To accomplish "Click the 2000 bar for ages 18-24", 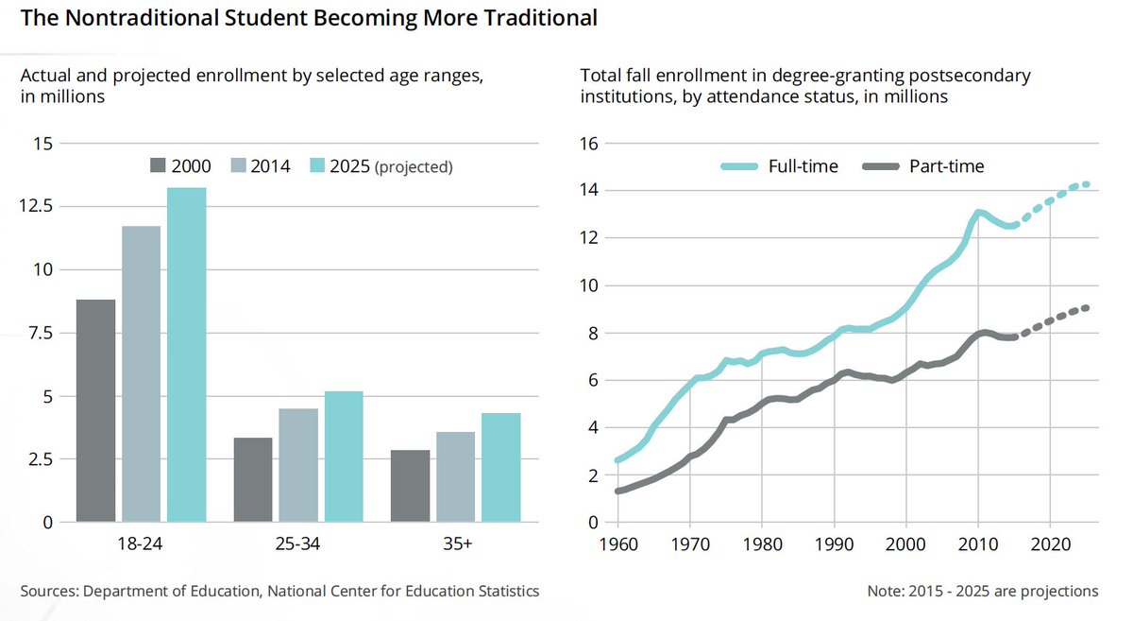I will [x=95, y=410].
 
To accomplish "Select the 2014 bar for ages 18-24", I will [x=141, y=373].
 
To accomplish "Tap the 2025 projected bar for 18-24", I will [x=186, y=354].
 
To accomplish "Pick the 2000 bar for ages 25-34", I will [x=253, y=479].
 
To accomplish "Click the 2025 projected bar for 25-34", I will [x=344, y=456].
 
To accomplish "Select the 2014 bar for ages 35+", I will [x=455, y=476].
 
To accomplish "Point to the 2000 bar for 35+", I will [x=410, y=486].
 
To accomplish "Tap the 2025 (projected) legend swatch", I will [x=316, y=166].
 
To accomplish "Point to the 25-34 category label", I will [x=298, y=545].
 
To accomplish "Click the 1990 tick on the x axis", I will [x=834, y=545].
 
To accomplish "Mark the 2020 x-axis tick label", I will [x=1051, y=545].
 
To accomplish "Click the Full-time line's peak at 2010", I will [x=978, y=212].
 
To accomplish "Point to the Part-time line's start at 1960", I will [x=619, y=491].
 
